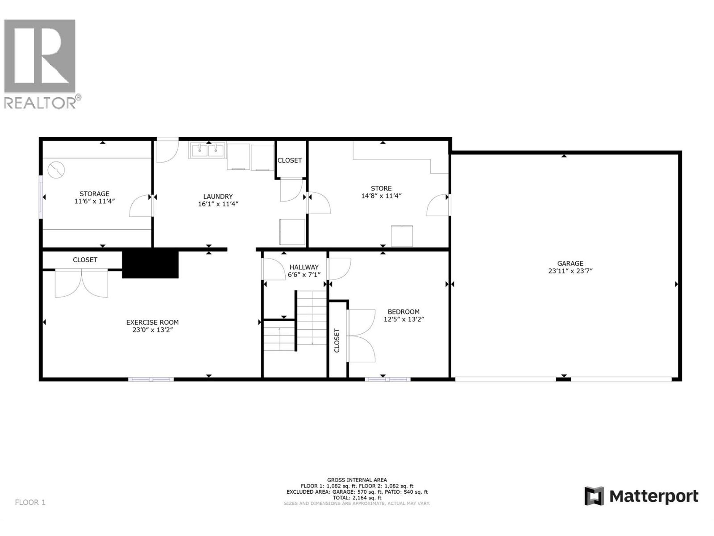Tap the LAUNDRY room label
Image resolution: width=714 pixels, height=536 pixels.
[218, 196]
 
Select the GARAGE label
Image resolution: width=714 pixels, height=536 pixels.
[570, 263]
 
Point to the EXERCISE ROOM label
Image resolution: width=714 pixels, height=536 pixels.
[152, 322]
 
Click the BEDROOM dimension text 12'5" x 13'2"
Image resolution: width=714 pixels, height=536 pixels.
[403, 319]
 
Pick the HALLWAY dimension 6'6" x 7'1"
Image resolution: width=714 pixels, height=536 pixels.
[304, 275]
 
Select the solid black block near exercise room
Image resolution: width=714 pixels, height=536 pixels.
[150, 263]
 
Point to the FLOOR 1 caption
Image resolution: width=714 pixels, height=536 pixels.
[30, 502]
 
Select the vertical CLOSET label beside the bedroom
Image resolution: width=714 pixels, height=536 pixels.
[337, 341]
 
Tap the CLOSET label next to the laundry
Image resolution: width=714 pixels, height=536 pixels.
[290, 160]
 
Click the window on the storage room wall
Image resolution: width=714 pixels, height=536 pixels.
[41, 197]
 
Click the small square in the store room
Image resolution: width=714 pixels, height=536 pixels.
[402, 236]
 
